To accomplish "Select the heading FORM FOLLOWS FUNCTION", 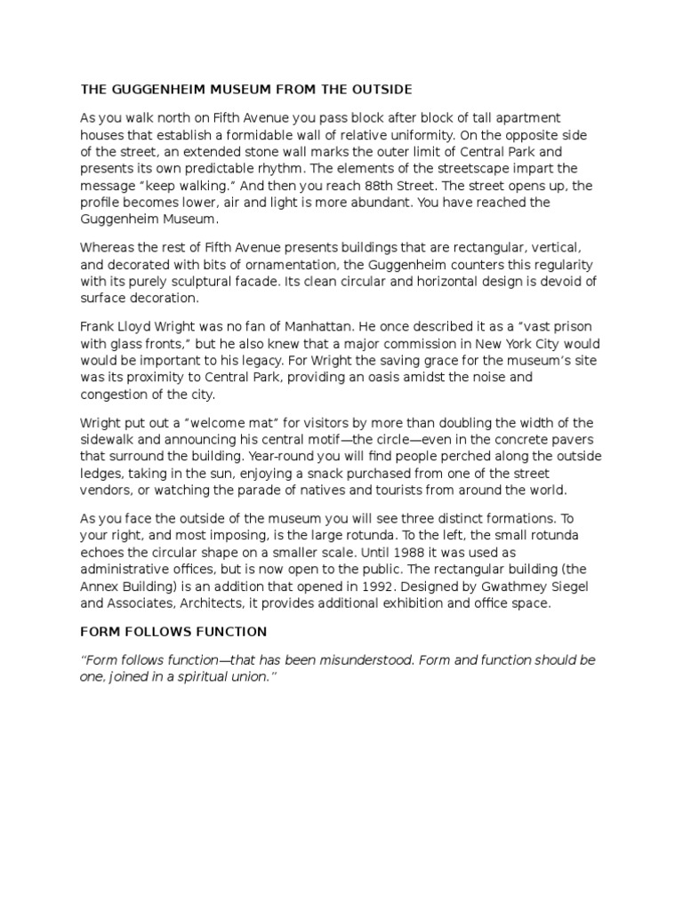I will pyautogui.click(x=173, y=632).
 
